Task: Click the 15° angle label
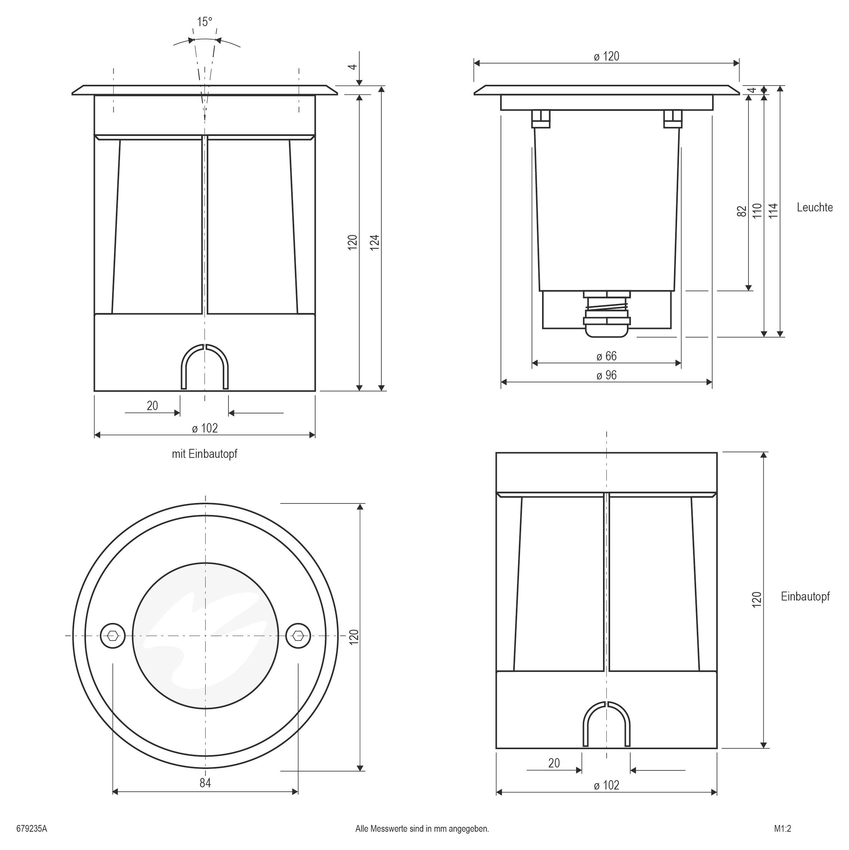[204, 22]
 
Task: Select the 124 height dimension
[374, 242]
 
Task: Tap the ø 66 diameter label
[606, 356]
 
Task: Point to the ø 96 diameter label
[606, 375]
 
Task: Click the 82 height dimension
[742, 211]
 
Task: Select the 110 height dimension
[757, 211]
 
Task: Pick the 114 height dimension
[773, 211]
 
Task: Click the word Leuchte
[815, 208]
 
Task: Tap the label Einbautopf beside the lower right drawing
[805, 596]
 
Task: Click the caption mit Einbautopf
[204, 454]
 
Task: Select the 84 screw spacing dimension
[205, 783]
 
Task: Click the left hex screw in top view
[113, 636]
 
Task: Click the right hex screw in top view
[298, 636]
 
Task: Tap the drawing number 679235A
[32, 829]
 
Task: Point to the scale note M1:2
[782, 829]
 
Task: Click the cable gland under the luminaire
[606, 314]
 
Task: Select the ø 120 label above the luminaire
[606, 56]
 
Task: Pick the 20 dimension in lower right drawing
[554, 763]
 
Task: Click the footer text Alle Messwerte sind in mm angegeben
[422, 829]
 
